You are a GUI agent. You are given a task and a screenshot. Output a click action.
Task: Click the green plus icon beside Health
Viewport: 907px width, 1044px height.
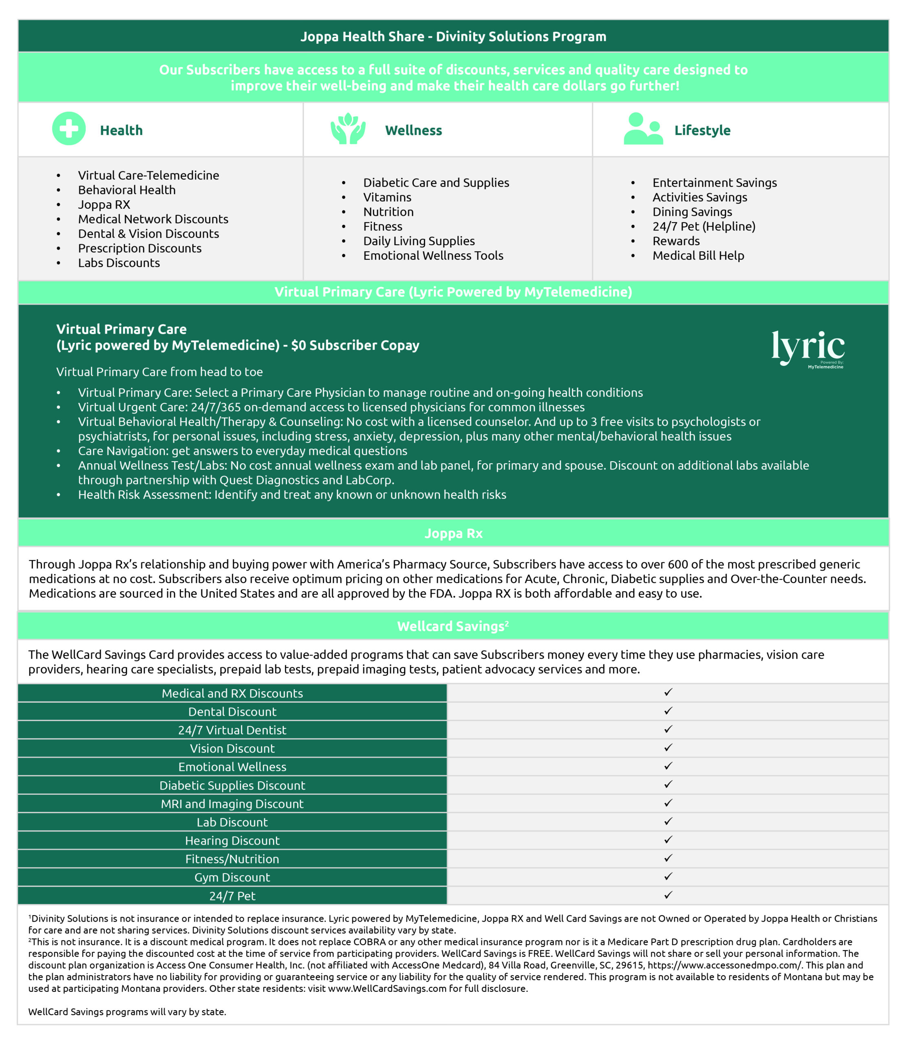tap(69, 128)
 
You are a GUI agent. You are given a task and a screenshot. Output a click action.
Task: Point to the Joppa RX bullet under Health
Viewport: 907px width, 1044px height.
tap(104, 205)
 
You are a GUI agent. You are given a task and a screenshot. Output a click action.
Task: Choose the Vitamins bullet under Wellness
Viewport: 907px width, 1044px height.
tap(387, 197)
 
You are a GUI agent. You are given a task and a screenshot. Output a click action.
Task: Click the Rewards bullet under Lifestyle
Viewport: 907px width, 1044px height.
tap(676, 241)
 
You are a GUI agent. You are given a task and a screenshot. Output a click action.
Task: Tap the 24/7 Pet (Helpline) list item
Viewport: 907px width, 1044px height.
tap(704, 226)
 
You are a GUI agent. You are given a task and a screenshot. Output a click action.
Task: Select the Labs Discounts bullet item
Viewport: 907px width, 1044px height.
tap(119, 263)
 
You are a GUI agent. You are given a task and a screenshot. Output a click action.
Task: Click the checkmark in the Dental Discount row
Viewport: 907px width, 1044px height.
tap(668, 711)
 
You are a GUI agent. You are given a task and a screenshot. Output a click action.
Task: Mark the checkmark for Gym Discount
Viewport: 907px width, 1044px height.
tap(668, 876)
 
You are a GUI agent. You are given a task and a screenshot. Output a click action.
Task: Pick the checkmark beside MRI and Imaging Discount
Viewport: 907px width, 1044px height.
tap(668, 803)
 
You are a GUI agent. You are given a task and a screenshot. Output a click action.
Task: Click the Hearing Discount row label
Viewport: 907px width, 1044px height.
tap(232, 841)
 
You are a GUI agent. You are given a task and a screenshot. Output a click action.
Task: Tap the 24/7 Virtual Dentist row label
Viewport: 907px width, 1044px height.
tap(232, 730)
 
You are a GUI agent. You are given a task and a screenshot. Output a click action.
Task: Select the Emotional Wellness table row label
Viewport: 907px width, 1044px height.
tap(232, 767)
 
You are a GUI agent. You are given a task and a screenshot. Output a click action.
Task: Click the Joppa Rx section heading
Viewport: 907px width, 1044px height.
tap(453, 533)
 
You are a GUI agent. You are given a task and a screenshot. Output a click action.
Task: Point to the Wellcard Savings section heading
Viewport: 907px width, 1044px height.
tap(452, 626)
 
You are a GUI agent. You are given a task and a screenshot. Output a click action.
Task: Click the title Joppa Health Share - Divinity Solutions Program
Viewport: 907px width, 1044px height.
tap(453, 36)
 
